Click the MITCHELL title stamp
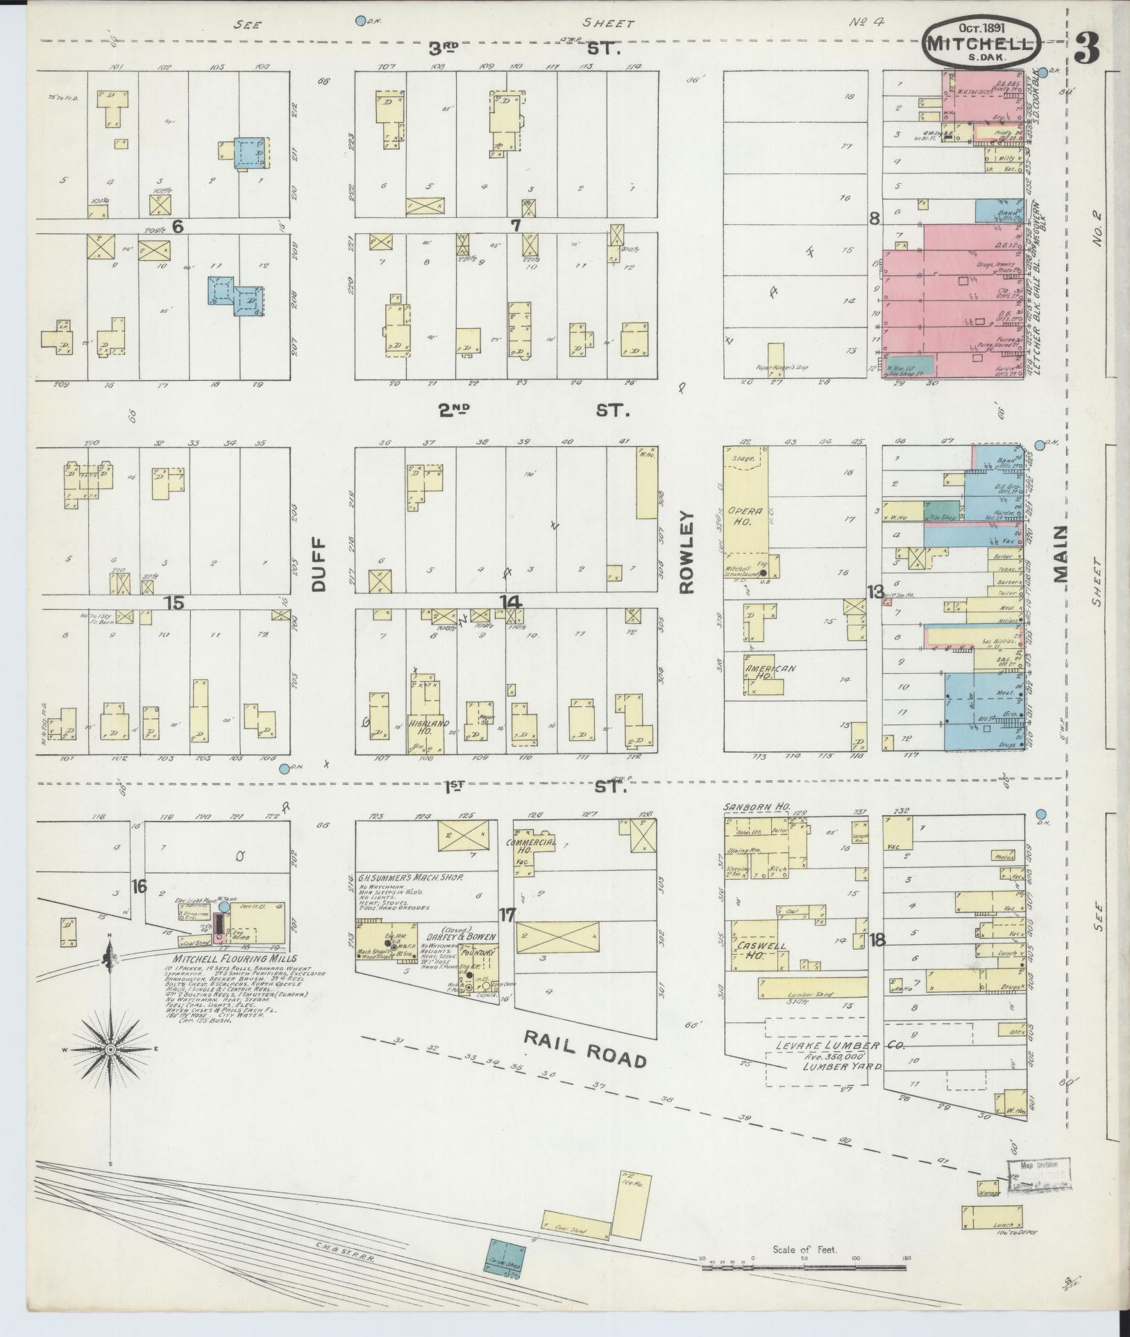(981, 43)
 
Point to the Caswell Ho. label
(751, 951)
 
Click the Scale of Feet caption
(804, 1250)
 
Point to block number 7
(515, 225)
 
